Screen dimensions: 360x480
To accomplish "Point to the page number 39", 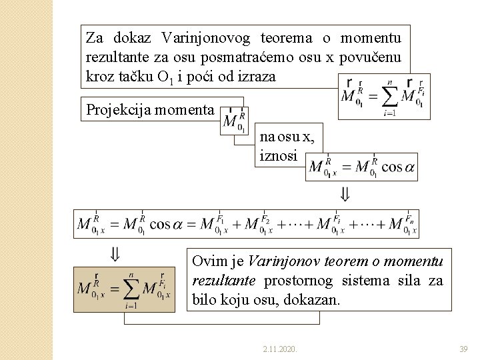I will [464, 349].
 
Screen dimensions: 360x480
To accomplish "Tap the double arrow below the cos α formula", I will [345, 195].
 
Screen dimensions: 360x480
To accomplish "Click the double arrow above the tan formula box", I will [115, 254].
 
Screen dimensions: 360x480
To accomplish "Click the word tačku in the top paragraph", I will [136, 77].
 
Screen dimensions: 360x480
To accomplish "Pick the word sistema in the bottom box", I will [364, 280].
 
